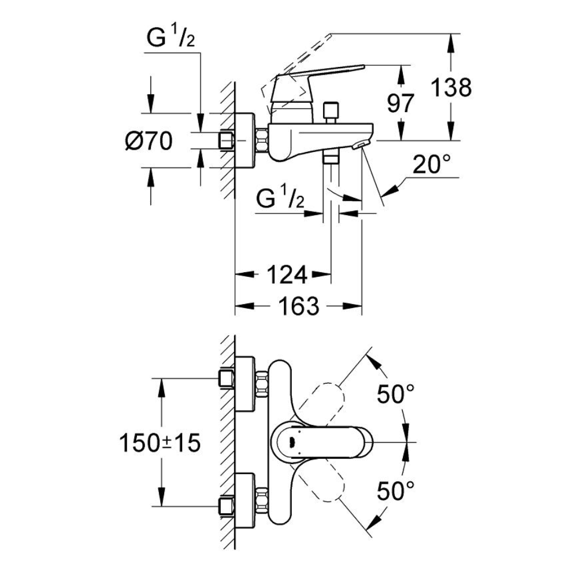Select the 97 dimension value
(400, 103)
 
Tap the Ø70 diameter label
(148, 140)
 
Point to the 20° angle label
(431, 166)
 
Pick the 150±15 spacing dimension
(160, 443)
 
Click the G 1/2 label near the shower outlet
(280, 201)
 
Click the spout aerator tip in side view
(363, 144)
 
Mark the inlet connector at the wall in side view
(226, 140)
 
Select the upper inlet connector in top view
(226, 379)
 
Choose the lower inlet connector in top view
(226, 506)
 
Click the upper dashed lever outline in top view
(328, 399)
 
